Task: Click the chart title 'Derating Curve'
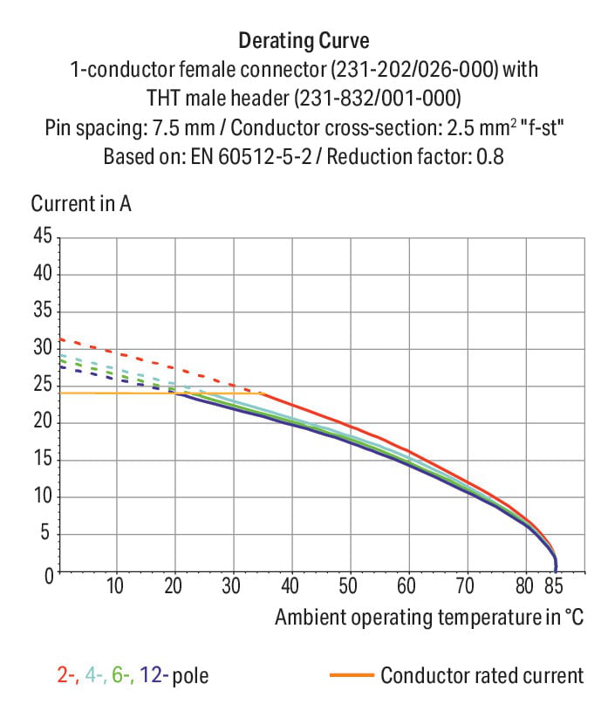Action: click(x=304, y=41)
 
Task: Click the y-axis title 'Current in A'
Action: click(x=81, y=203)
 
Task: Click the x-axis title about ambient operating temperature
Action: click(x=429, y=618)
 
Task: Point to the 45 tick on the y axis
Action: click(x=43, y=236)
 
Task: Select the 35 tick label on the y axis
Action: click(x=43, y=311)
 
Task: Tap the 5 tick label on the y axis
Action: click(x=44, y=532)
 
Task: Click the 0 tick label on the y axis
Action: click(x=49, y=577)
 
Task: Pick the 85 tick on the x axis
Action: click(x=554, y=586)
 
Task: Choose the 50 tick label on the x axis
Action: click(x=348, y=586)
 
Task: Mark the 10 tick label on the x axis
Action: click(x=114, y=586)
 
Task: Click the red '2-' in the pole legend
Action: click(x=69, y=675)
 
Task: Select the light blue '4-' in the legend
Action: click(x=96, y=675)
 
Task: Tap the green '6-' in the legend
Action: click(x=123, y=675)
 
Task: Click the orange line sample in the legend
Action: click(x=352, y=675)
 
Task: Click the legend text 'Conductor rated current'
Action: click(x=482, y=675)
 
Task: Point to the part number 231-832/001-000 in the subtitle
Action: click(x=377, y=99)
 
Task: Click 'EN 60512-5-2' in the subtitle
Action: click(x=251, y=157)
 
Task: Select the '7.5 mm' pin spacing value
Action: click(x=183, y=128)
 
